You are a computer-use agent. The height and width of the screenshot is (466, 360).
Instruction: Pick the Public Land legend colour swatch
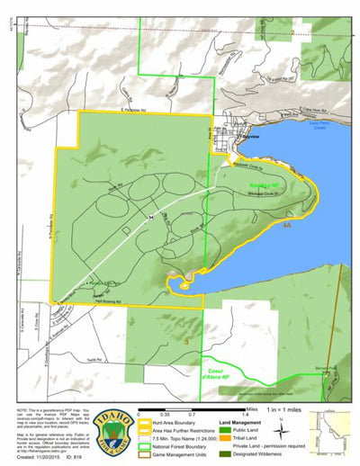(225, 428)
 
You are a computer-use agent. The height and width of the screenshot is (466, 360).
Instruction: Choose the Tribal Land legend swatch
(225, 438)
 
